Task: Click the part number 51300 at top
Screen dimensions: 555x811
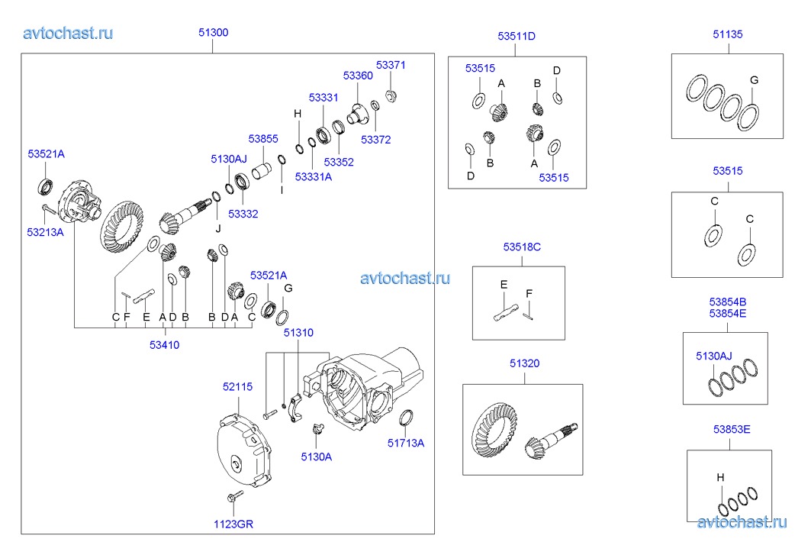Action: point(213,33)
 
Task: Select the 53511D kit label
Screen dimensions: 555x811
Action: point(517,36)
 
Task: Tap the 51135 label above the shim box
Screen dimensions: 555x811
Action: point(728,34)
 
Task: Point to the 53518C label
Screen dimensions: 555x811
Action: point(522,247)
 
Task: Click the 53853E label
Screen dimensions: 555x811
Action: point(732,430)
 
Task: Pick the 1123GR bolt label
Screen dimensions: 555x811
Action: point(233,524)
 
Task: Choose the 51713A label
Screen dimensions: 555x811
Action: point(405,443)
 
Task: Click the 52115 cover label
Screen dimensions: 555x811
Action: point(237,387)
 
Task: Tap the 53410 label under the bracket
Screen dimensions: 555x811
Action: point(164,344)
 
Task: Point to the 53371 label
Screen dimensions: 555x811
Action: point(391,65)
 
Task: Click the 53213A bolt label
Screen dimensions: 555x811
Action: point(46,231)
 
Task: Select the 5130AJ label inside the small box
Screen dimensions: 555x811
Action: point(713,355)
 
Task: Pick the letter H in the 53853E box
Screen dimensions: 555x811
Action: point(720,478)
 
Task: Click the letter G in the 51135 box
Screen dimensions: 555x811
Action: point(754,80)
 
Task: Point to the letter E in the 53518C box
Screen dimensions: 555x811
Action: point(504,284)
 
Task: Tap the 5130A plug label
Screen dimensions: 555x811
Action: point(316,457)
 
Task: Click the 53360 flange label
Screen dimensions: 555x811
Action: point(358,76)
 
